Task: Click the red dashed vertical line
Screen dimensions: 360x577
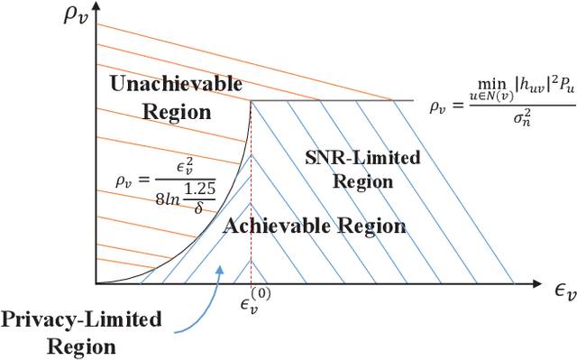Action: [x=250, y=198]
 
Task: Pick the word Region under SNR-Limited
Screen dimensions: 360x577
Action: [x=363, y=180]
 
